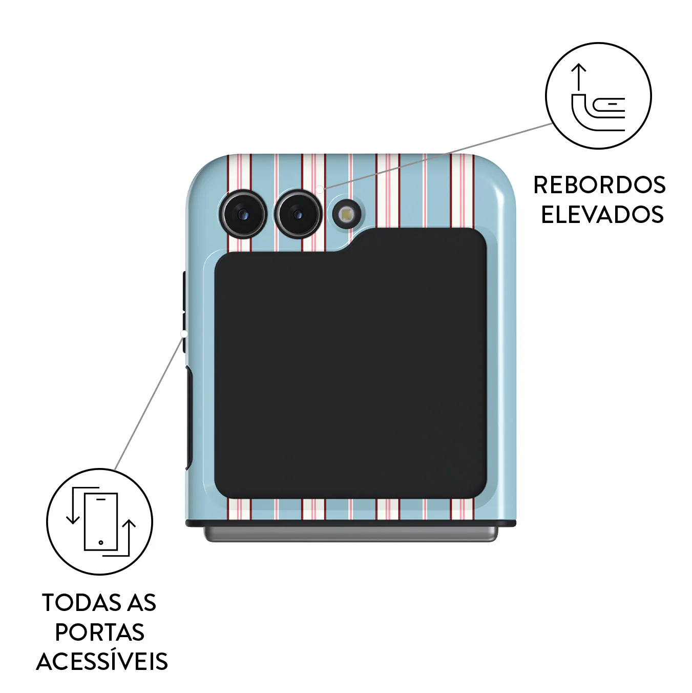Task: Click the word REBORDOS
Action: [x=599, y=185]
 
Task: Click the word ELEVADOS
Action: [x=602, y=214]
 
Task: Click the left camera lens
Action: [x=243, y=214]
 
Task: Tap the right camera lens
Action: [x=298, y=214]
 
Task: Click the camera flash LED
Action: [x=346, y=215]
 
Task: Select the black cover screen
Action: [x=350, y=363]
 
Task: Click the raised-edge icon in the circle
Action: [x=598, y=96]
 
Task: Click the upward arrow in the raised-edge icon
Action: [x=578, y=76]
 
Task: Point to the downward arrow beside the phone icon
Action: [x=73, y=505]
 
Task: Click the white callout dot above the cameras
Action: [x=319, y=190]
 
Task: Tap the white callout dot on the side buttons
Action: [x=184, y=334]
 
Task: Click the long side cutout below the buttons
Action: [x=189, y=418]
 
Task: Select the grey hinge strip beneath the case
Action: [x=351, y=534]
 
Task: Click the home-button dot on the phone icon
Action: [x=101, y=542]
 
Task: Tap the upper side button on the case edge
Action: [x=184, y=292]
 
